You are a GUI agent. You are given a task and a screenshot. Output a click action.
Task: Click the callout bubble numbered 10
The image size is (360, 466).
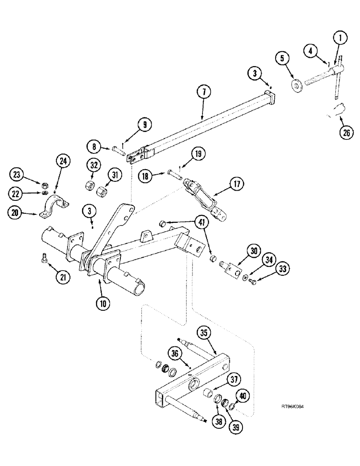pos(104,302)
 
